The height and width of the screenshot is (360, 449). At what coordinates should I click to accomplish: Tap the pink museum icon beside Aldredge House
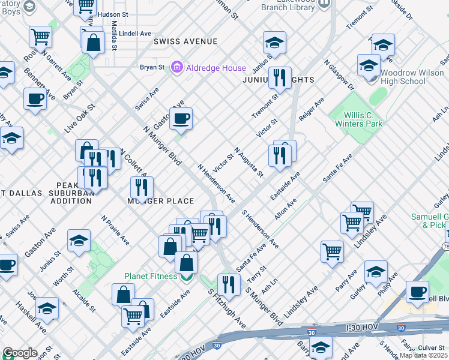(177, 67)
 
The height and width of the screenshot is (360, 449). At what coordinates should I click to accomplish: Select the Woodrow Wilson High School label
(404, 77)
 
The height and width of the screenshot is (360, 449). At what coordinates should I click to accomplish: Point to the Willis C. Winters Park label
(363, 119)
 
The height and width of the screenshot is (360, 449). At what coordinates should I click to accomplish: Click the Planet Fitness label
(150, 277)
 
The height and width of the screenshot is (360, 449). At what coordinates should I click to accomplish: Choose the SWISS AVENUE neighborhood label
(185, 41)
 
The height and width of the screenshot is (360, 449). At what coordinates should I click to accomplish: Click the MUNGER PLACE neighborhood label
(160, 201)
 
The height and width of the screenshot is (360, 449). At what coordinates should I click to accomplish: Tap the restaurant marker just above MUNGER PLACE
(142, 188)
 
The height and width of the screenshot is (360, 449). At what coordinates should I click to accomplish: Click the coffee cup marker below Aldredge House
(181, 119)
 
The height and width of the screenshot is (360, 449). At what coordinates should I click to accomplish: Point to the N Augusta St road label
(249, 162)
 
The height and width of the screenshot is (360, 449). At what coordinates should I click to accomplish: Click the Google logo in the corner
(20, 353)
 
